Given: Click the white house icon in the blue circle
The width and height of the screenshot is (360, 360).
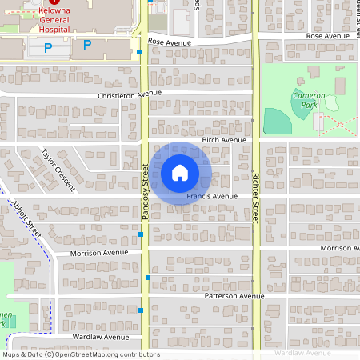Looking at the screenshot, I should pos(179,172).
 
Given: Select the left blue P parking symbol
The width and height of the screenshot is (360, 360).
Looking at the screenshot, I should pos(48,47).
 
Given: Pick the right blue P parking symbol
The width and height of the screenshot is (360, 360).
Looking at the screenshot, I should pos(87,46).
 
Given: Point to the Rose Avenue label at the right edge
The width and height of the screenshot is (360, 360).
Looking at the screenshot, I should pos(328,36).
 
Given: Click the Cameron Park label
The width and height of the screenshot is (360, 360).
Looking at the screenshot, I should pos(308,100).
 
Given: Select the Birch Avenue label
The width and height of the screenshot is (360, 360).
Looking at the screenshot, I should pos(224,139).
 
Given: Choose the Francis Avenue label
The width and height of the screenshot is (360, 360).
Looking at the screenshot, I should pos(213,196).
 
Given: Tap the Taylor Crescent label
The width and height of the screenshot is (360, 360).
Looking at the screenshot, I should pos(58,170).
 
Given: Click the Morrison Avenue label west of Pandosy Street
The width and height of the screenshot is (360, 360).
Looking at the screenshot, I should pos(99,253).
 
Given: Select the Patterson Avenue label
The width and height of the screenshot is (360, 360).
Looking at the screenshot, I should pos(234,296).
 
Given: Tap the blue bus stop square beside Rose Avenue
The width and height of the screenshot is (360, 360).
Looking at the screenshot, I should pos(139,52).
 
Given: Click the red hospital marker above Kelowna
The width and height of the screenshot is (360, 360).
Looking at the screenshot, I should pos(54,3).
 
